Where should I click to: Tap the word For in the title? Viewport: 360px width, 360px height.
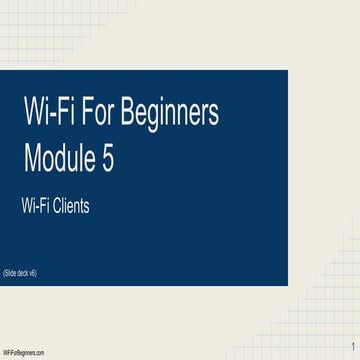(96, 115)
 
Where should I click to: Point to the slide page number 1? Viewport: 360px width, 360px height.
(353, 345)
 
